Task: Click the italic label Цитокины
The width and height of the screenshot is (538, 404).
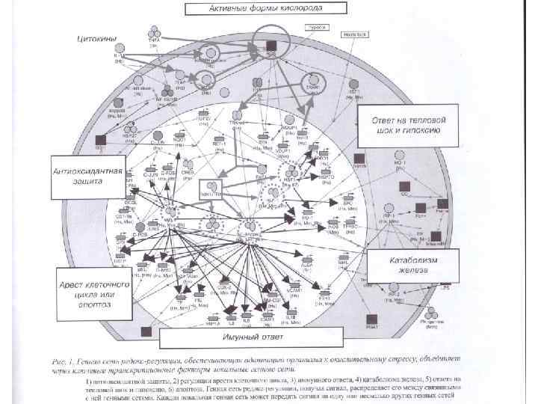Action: pyautogui.click(x=95, y=37)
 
